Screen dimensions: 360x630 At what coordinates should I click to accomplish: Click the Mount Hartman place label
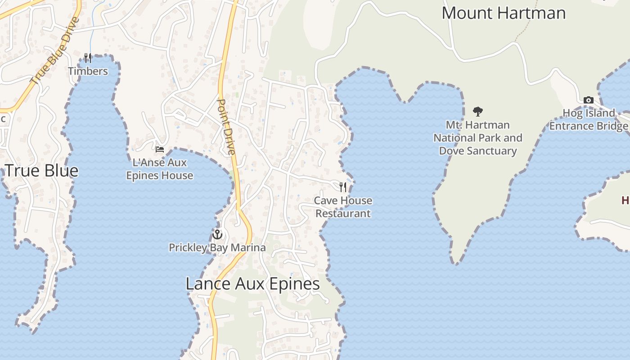pyautogui.click(x=503, y=13)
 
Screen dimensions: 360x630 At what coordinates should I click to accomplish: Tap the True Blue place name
pyautogui.click(x=41, y=171)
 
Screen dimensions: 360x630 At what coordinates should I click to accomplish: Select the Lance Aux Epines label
pyautogui.click(x=252, y=284)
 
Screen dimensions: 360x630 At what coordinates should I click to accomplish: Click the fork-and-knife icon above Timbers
pyautogui.click(x=88, y=58)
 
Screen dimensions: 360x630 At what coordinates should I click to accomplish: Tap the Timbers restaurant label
pyautogui.click(x=88, y=71)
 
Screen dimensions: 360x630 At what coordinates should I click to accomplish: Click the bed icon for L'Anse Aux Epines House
pyautogui.click(x=160, y=149)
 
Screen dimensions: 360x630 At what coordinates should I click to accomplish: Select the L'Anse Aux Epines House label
pyautogui.click(x=160, y=169)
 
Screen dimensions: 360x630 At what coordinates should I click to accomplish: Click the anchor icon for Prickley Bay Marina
pyautogui.click(x=217, y=234)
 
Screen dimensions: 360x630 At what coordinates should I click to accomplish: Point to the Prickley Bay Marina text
pyautogui.click(x=217, y=247)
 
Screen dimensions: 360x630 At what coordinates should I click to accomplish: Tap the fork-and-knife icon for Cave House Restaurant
pyautogui.click(x=343, y=187)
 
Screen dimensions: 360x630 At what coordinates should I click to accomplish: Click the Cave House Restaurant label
pyautogui.click(x=343, y=207)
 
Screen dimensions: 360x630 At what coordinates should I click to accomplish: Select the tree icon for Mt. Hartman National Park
pyautogui.click(x=478, y=111)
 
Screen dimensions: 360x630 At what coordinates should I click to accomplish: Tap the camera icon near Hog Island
pyautogui.click(x=588, y=100)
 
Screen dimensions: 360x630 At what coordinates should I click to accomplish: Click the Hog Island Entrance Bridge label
pyautogui.click(x=589, y=119)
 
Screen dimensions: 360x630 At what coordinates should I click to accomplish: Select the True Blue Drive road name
pyautogui.click(x=55, y=51)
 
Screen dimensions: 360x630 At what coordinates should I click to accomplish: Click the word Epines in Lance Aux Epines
pyautogui.click(x=292, y=284)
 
